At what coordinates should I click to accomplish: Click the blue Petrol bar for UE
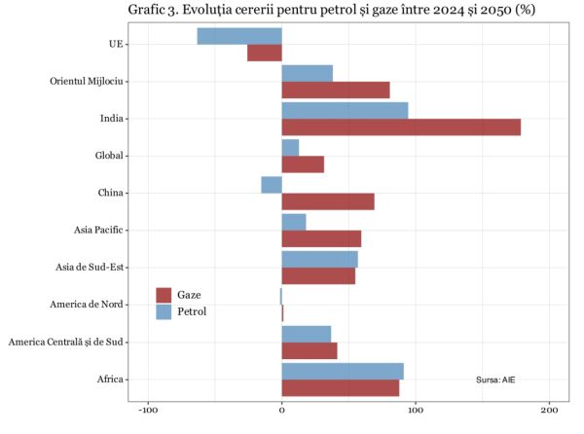(x=239, y=36)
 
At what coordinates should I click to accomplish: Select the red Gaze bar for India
(x=401, y=127)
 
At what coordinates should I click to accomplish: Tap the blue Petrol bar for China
(x=272, y=185)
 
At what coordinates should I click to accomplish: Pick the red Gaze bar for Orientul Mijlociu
(x=336, y=90)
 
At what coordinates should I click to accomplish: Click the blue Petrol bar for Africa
(x=343, y=372)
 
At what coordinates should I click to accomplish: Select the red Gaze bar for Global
(x=303, y=164)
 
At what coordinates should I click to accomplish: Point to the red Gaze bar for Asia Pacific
(x=321, y=239)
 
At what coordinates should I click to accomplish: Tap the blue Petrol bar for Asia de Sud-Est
(x=319, y=259)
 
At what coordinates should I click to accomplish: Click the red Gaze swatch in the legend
(x=164, y=295)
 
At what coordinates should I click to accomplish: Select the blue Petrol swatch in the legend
(x=164, y=311)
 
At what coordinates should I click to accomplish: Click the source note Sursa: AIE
(x=495, y=379)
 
